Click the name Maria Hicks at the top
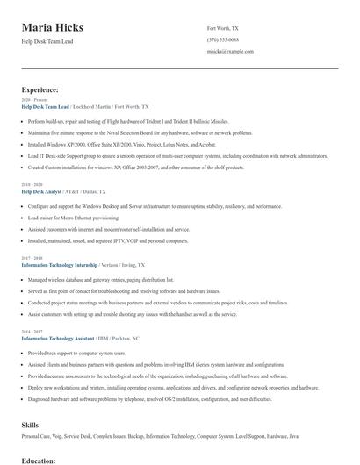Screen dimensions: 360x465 click(x=59, y=27)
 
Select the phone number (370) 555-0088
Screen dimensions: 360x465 click(x=222, y=39)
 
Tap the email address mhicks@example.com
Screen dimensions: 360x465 click(x=230, y=51)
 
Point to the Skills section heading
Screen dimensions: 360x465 click(x=30, y=424)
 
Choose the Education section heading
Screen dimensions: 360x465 click(x=39, y=460)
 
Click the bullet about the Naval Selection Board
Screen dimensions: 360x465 click(x=127, y=132)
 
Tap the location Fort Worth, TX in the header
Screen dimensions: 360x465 click(x=222, y=28)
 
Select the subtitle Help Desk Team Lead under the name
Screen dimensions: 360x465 click(x=48, y=42)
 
